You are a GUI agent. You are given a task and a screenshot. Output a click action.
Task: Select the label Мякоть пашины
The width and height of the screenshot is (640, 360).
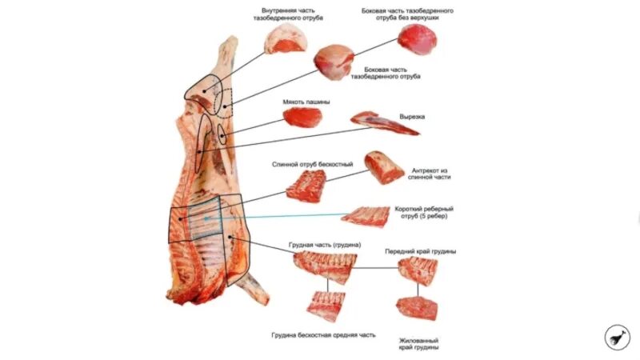coord(306,102)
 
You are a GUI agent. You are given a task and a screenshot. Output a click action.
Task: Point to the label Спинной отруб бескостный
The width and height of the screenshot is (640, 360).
coord(313,164)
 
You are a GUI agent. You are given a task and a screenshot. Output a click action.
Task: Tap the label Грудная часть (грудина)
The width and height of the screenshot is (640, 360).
coord(324,244)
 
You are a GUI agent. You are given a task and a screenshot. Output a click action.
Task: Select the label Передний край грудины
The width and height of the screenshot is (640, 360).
coord(420,251)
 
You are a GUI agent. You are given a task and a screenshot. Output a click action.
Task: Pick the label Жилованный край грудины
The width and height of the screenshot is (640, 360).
coord(418,342)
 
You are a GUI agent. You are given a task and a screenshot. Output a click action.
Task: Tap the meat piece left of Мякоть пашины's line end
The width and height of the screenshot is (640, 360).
coord(302,118)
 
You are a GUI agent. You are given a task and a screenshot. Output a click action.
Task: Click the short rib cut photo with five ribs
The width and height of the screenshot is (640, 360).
coord(365,215)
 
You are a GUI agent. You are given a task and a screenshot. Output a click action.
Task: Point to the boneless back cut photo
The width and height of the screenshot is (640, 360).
coord(306,186)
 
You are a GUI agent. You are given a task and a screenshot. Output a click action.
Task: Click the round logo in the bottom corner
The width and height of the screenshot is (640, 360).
coord(617,337)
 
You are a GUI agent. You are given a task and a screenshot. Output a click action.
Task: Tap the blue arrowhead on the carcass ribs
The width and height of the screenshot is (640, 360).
coord(206,217)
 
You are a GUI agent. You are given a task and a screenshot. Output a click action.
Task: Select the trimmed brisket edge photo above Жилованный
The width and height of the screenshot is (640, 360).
coord(417,308)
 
